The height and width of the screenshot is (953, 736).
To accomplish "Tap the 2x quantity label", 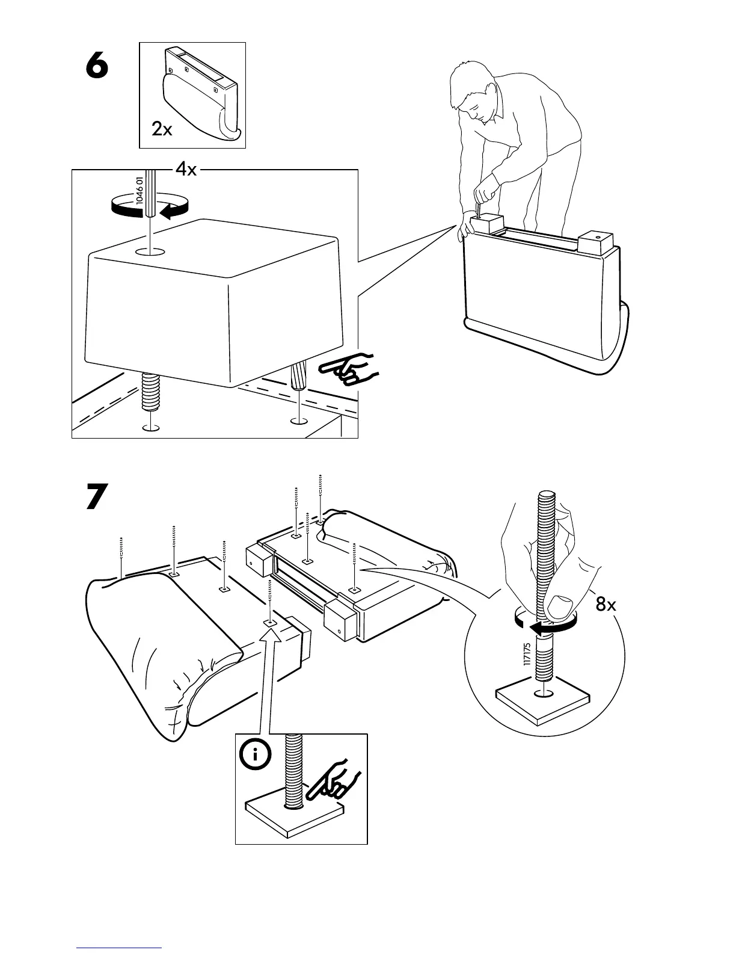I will pos(161,129).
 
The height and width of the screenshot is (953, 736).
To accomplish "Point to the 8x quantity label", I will pos(606,605).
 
